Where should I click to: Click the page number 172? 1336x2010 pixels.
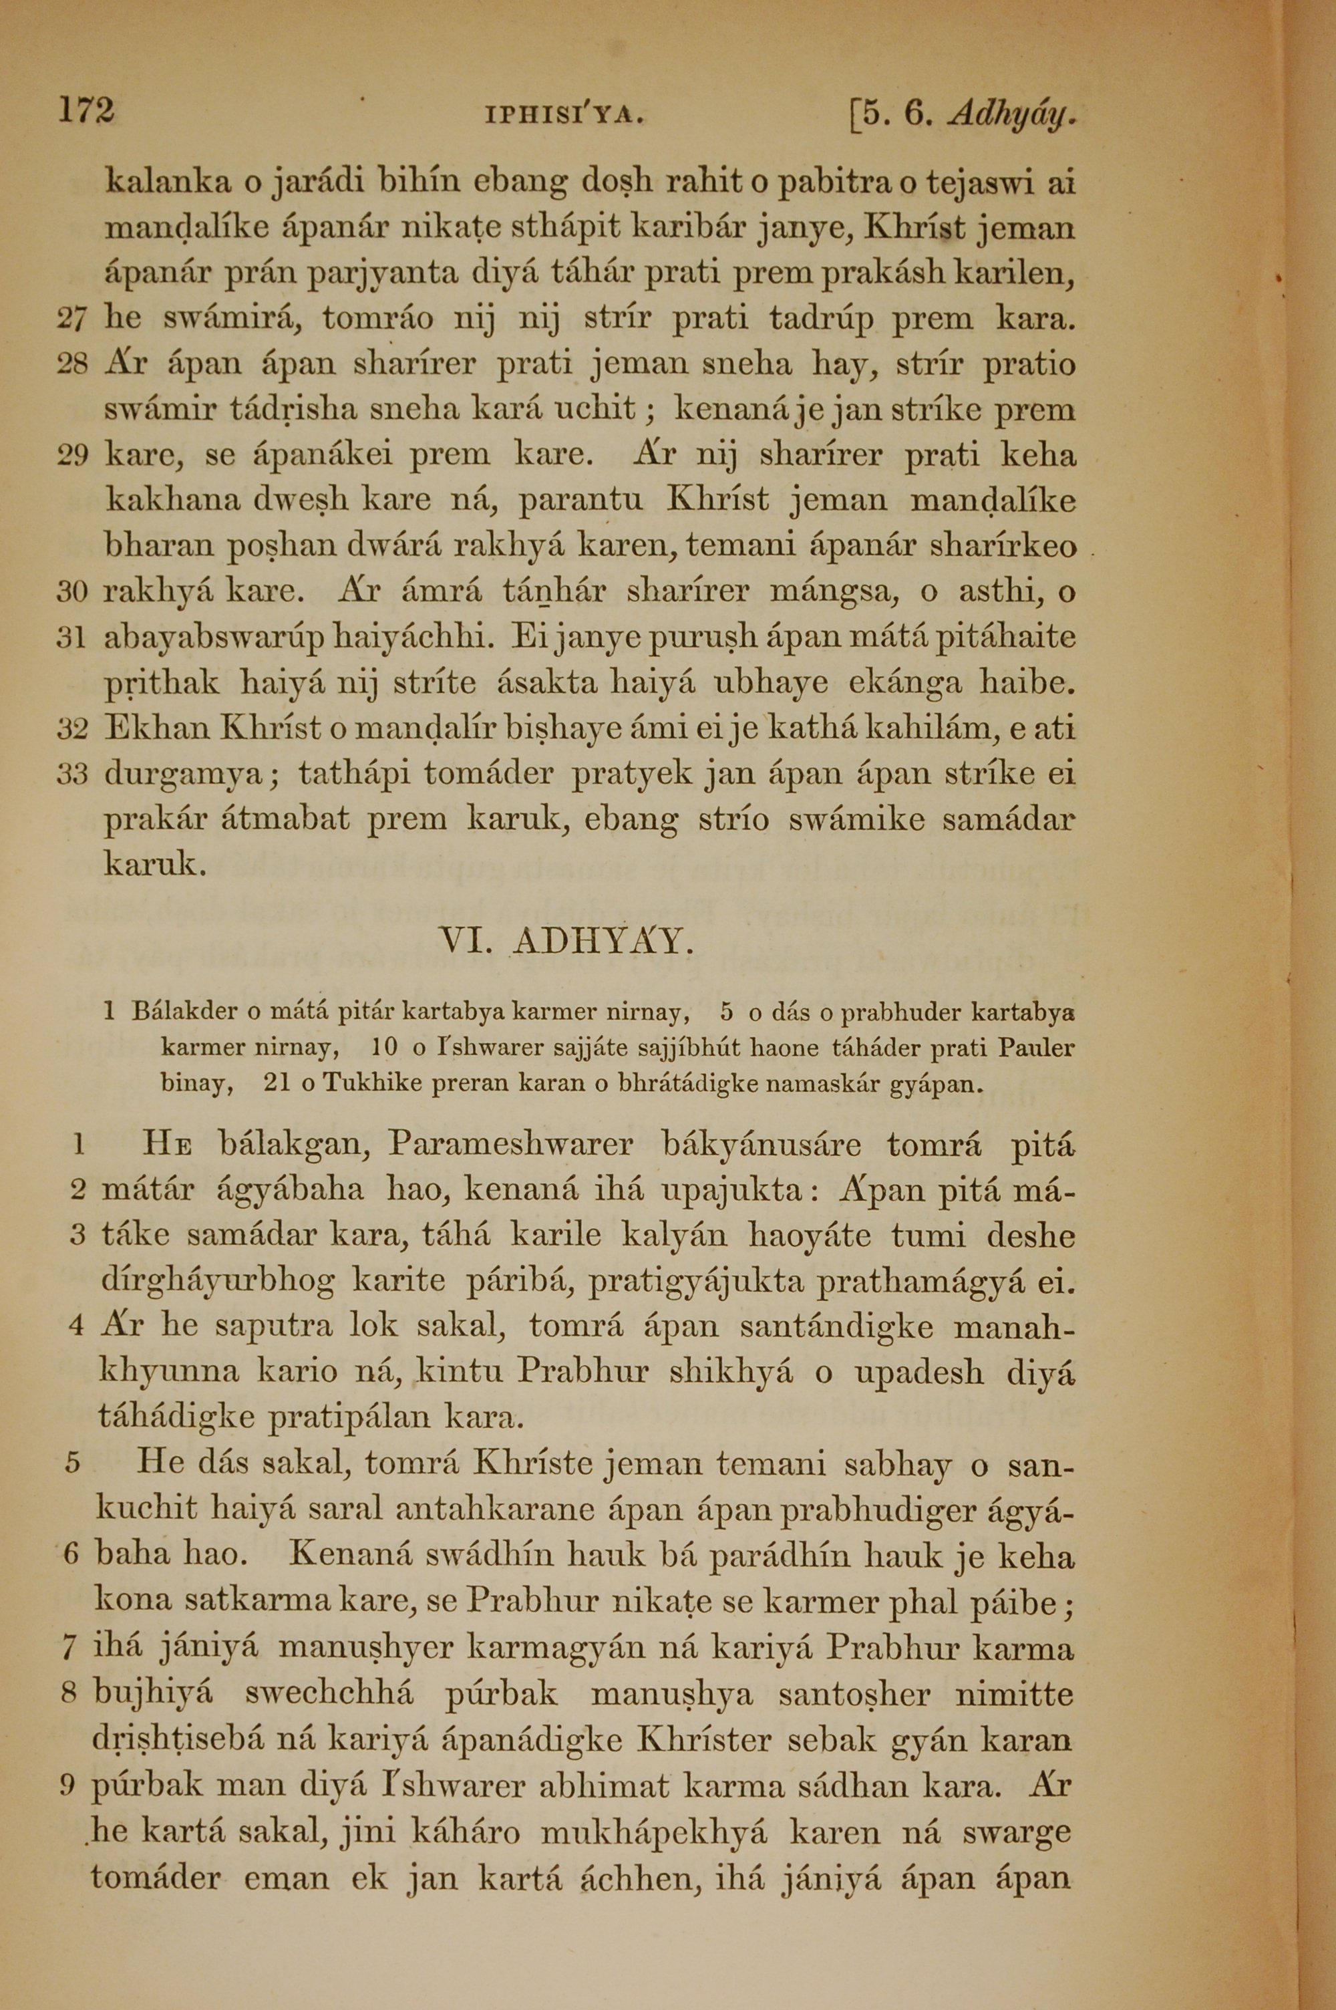pos(86,112)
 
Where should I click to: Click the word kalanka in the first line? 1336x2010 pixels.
pos(168,183)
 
